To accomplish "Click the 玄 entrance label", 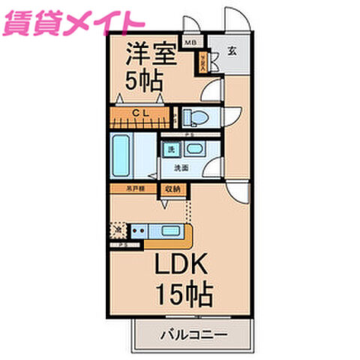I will tap(232, 51).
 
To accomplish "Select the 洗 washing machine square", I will tap(172, 149).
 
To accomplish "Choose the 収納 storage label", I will tap(172, 189).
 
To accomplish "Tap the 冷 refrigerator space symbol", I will tap(117, 230).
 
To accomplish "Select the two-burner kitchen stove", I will tap(138, 231).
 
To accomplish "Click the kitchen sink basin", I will tap(169, 231).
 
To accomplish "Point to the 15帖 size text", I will tap(183, 292).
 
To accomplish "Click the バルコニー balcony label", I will tap(193, 334).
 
